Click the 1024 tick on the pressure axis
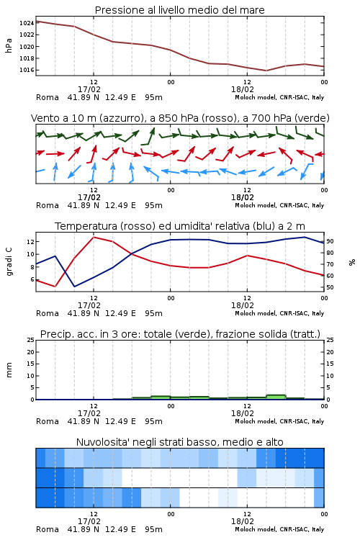pyautogui.click(x=27, y=23)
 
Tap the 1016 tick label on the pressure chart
pyautogui.click(x=27, y=70)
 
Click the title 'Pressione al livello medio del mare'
pyautogui.click(x=180, y=10)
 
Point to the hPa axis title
pyautogui.click(x=9, y=45)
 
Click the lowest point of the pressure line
pyautogui.click(x=266, y=71)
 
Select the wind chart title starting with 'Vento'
pyautogui.click(x=180, y=118)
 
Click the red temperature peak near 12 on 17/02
pyautogui.click(x=94, y=238)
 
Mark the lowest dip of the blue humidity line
pyautogui.click(x=74, y=286)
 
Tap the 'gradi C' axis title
pyautogui.click(x=9, y=261)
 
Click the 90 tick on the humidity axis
pyautogui.click(x=330, y=241)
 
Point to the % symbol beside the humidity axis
pyautogui.click(x=352, y=262)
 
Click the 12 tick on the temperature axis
pyautogui.click(x=30, y=241)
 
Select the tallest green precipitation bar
pyautogui.click(x=276, y=397)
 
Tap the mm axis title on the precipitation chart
pyautogui.click(x=9, y=370)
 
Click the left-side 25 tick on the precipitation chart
pyautogui.click(x=31, y=340)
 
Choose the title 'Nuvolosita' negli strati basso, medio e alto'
pyautogui.click(x=180, y=442)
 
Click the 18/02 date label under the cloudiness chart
pyautogui.click(x=243, y=521)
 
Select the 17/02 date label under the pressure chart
pyautogui.click(x=89, y=89)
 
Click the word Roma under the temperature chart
pyautogui.click(x=48, y=313)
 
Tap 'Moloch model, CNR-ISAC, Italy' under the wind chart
pyautogui.click(x=279, y=206)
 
